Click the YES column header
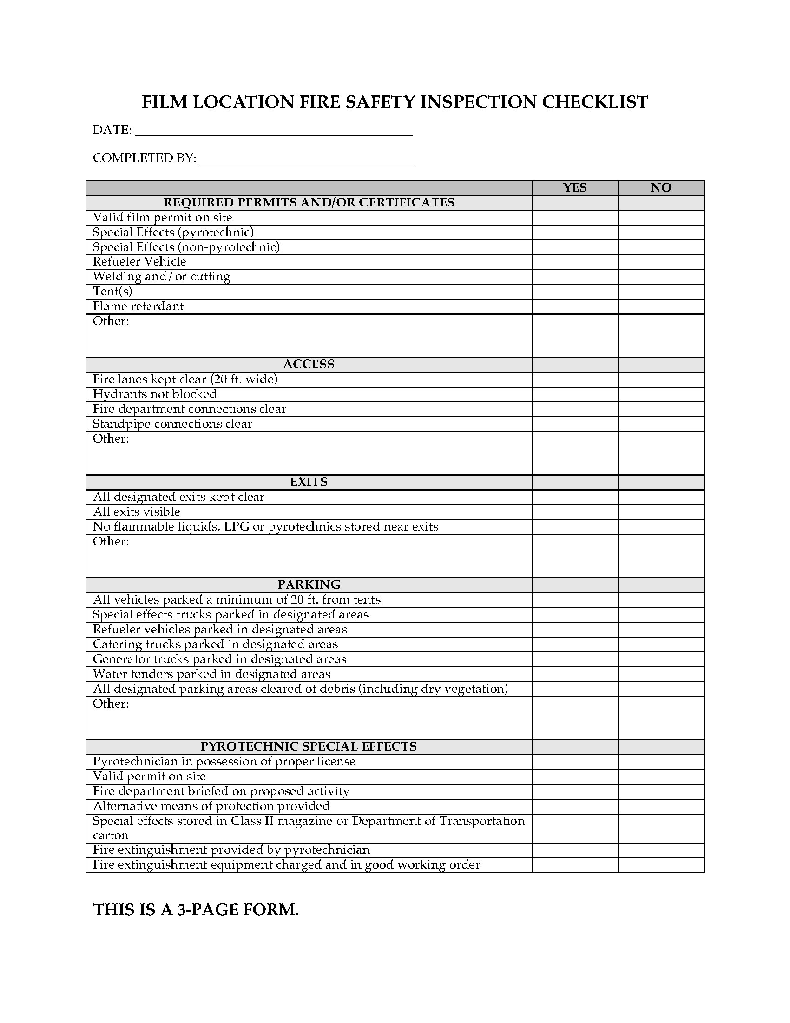click(x=575, y=187)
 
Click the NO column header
click(x=660, y=187)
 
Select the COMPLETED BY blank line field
click(x=306, y=159)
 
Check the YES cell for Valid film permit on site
click(x=575, y=217)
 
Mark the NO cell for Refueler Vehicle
click(x=660, y=262)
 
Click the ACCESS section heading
click(x=309, y=365)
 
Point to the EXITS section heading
click(x=309, y=482)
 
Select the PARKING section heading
click(x=309, y=585)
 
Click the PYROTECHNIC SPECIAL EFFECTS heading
click(x=309, y=747)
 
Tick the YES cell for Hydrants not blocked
click(x=575, y=394)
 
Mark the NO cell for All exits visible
click(x=660, y=512)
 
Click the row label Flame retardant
click(x=138, y=306)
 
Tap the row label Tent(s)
click(x=112, y=292)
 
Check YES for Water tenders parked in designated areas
click(x=575, y=674)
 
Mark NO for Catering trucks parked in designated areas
click(x=660, y=644)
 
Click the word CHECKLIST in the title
click(x=594, y=102)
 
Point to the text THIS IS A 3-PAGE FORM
click(x=196, y=910)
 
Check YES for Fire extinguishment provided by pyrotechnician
click(x=575, y=850)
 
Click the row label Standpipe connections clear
click(x=172, y=424)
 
